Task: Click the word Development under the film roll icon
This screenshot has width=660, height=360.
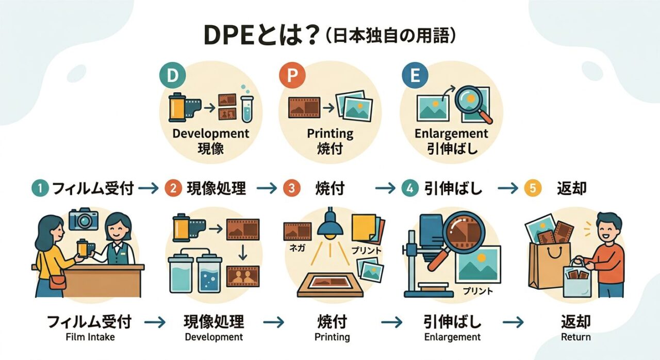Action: (211, 134)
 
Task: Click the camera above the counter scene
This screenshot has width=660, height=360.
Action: (83, 219)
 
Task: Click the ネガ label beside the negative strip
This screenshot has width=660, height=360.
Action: (296, 247)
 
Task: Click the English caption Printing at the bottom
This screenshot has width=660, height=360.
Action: (332, 337)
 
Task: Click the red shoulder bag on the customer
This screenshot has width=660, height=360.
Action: (58, 282)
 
